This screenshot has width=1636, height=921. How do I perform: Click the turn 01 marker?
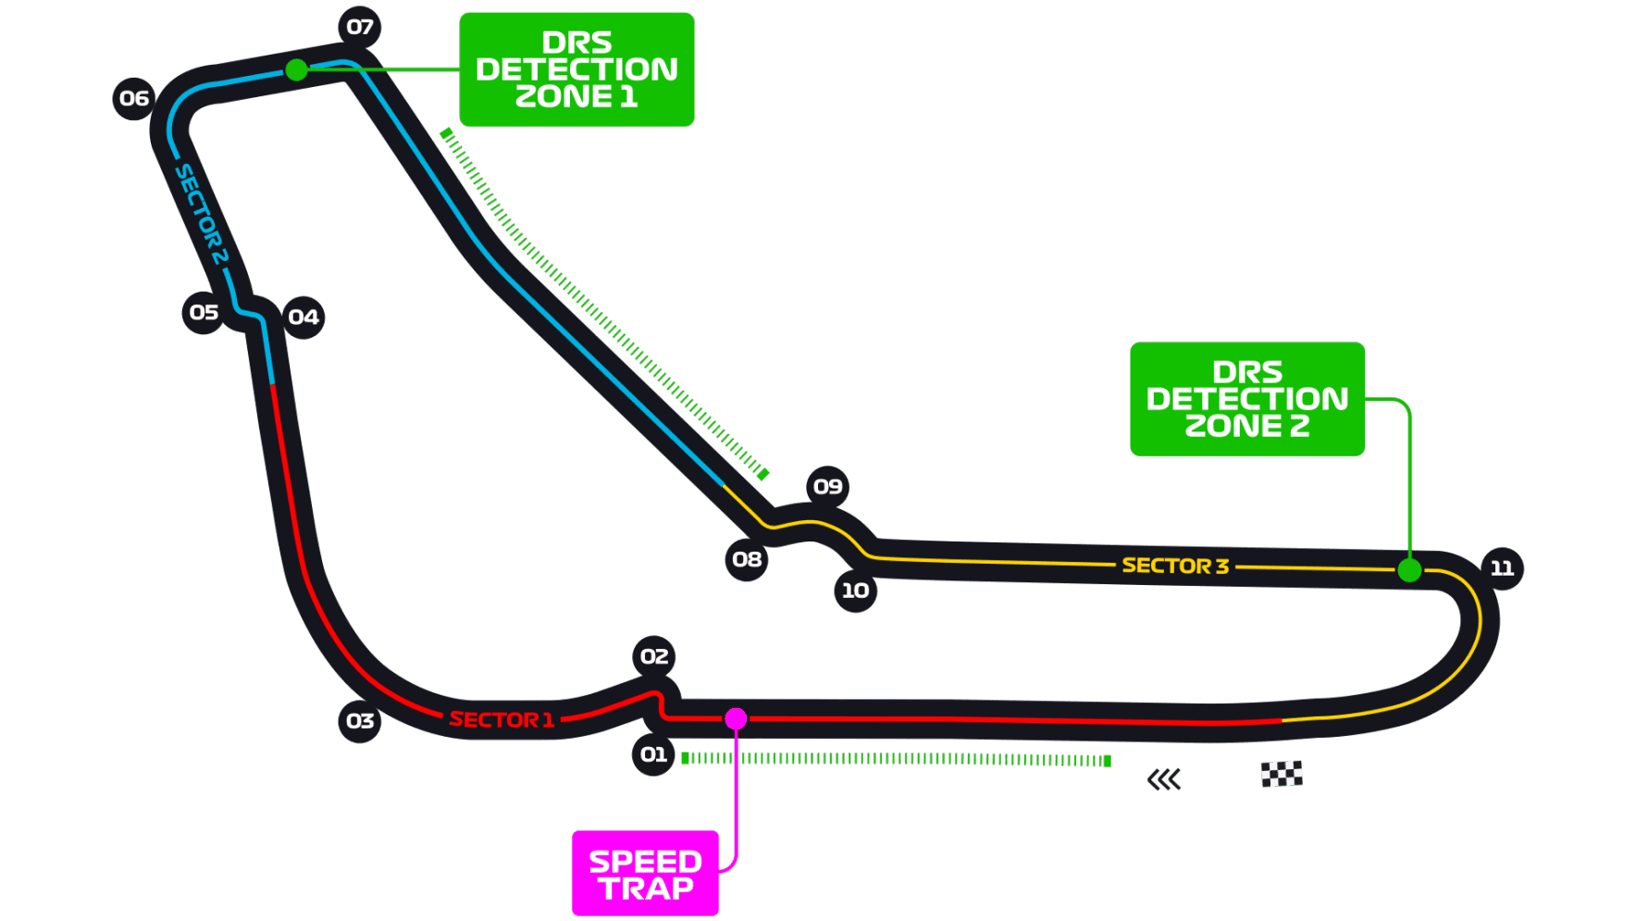[x=654, y=754]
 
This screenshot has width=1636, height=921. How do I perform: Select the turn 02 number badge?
[x=654, y=656]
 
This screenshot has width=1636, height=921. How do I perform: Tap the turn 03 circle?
[x=360, y=721]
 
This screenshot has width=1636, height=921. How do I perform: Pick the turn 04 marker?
[x=304, y=317]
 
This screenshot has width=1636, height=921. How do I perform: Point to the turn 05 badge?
[x=204, y=313]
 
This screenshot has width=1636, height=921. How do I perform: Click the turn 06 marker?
[x=134, y=98]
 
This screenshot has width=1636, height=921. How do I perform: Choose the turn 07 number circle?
[x=360, y=27]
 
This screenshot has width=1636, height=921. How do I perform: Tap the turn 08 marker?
[x=747, y=559]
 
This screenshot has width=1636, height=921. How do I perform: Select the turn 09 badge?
[x=827, y=487]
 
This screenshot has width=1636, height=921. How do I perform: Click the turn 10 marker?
[x=855, y=591]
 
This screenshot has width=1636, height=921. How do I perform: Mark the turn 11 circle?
[x=1502, y=568]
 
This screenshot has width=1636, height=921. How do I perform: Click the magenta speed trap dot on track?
[x=736, y=718]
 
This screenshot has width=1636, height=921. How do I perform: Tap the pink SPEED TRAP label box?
[x=645, y=874]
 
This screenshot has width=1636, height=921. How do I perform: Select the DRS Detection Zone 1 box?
[x=576, y=69]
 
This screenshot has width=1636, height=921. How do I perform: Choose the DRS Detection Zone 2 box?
[x=1246, y=399]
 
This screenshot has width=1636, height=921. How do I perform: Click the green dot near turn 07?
[x=296, y=69]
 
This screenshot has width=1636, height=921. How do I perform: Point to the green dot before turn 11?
[x=1408, y=570]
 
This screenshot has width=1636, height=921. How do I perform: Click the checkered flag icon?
[x=1282, y=774]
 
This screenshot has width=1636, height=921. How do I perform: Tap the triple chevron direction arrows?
[x=1164, y=780]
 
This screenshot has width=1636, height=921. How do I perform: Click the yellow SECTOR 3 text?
[x=1175, y=566]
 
